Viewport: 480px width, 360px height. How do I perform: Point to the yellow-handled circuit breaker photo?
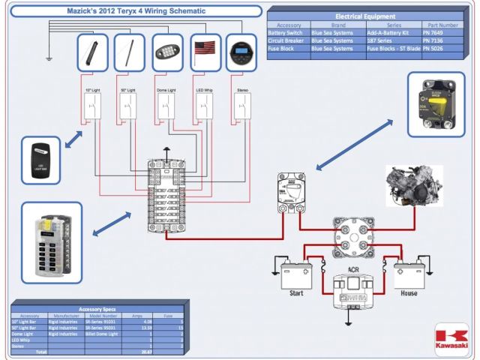(435, 104)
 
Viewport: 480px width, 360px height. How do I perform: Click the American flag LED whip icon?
(205, 52)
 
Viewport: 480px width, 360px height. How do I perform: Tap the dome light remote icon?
(166, 53)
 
